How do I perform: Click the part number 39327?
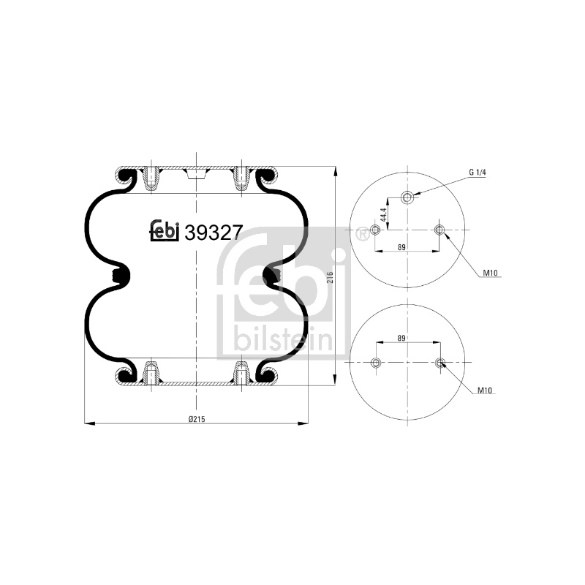(214, 233)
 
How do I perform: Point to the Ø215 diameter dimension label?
(197, 419)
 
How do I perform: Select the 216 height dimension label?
(330, 278)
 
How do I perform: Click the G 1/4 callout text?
(478, 173)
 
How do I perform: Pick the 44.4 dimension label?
(383, 215)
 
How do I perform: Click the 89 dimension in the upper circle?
(401, 247)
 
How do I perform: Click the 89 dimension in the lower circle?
(401, 339)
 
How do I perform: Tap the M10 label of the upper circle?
(490, 273)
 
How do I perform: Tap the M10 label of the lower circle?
(485, 390)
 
